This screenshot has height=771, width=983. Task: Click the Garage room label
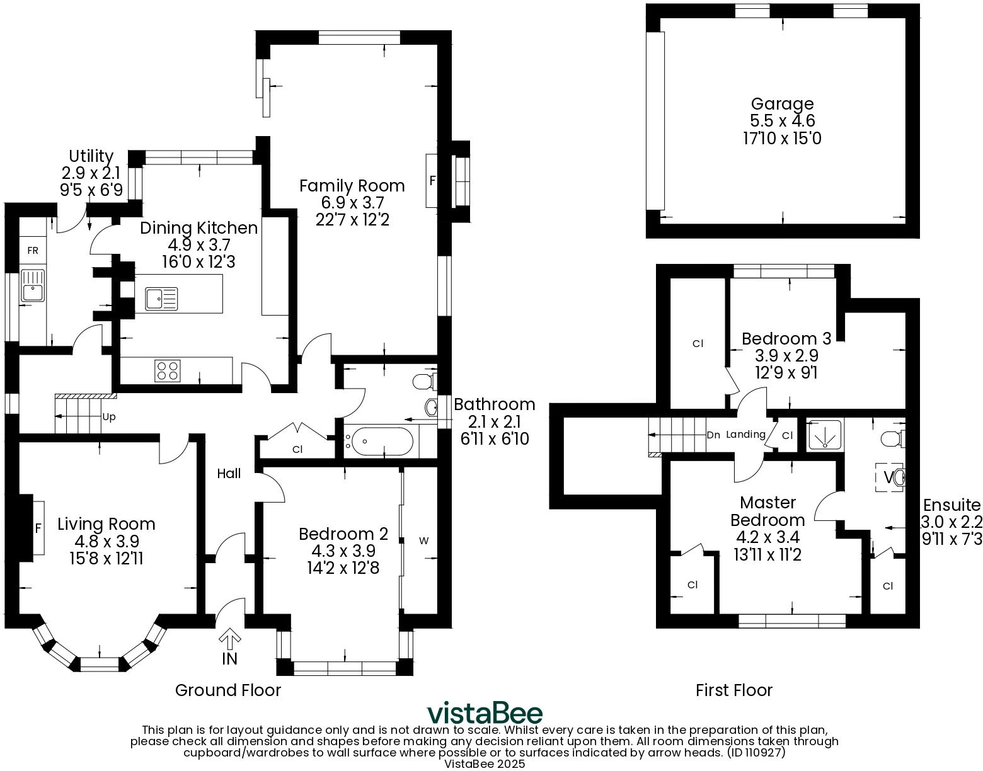(782, 104)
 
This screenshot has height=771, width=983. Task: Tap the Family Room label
(352, 186)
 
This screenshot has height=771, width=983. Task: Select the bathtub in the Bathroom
(382, 441)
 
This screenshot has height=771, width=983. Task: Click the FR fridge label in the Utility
(32, 251)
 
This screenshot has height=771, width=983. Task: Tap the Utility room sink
(32, 285)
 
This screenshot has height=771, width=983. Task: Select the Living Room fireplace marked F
(37, 528)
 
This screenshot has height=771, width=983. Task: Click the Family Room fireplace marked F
(432, 181)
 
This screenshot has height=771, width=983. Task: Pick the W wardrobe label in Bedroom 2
(424, 540)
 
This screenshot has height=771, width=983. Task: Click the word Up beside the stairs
(108, 417)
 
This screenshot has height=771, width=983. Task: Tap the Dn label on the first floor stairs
(713, 435)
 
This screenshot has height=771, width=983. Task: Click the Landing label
(745, 435)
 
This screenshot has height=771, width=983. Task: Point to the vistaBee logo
(485, 714)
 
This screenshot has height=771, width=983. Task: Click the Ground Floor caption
(227, 690)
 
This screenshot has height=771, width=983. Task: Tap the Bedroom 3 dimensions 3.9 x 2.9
(786, 356)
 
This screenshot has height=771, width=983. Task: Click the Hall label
(229, 474)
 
